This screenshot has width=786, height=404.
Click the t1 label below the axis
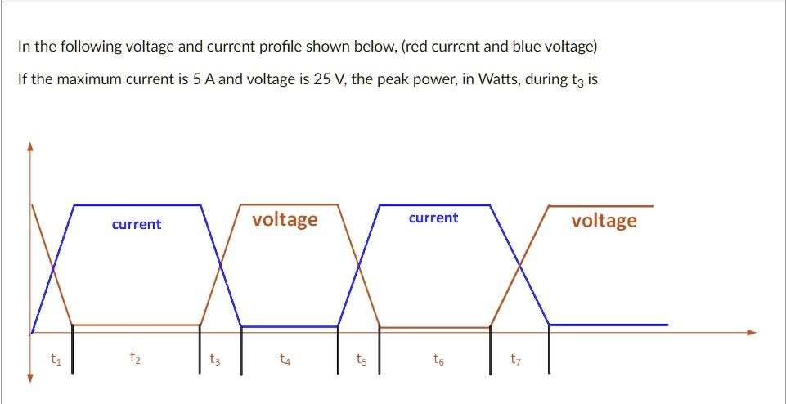click(x=55, y=358)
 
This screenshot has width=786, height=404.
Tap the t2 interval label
click(x=134, y=358)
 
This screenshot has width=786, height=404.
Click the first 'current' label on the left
click(x=137, y=224)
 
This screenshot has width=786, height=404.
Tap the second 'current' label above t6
click(x=433, y=218)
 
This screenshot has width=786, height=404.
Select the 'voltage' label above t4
click(x=285, y=219)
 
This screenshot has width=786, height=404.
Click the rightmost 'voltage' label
click(x=604, y=220)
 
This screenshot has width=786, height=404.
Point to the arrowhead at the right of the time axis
click(x=752, y=332)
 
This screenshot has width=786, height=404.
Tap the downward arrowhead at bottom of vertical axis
click(x=30, y=377)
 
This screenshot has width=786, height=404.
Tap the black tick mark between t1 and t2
click(x=73, y=348)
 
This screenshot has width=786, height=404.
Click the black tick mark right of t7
click(x=549, y=348)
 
